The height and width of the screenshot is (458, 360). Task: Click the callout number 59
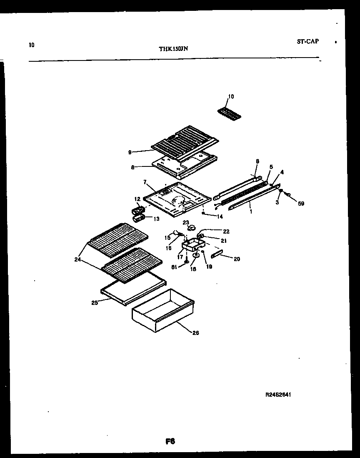(x=301, y=204)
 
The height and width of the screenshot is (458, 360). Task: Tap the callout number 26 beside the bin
(x=196, y=332)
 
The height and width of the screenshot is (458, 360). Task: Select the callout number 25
(x=95, y=302)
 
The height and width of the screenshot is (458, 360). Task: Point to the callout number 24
(x=77, y=259)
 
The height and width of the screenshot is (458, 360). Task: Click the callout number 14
(x=220, y=216)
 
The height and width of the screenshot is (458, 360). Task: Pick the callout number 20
(x=237, y=259)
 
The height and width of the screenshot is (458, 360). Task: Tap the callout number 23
(x=186, y=222)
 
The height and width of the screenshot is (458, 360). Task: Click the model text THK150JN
(x=173, y=48)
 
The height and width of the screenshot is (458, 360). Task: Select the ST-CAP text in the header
(x=307, y=41)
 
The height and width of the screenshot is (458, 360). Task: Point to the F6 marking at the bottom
(x=170, y=442)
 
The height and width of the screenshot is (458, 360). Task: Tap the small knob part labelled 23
(x=192, y=228)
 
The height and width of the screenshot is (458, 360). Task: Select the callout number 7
(x=145, y=182)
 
